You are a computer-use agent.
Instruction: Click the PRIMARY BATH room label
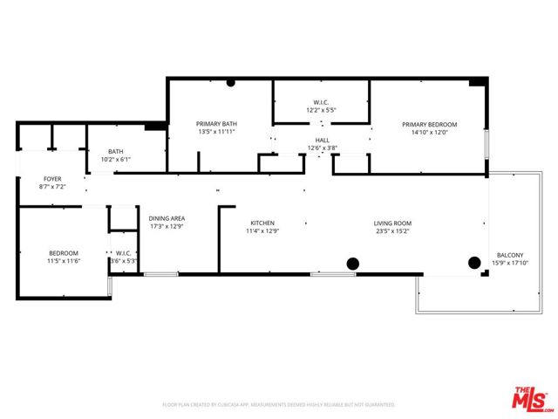point(217,124)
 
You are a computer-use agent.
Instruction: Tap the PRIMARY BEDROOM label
point(429,124)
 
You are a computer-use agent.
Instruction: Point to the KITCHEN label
point(262,223)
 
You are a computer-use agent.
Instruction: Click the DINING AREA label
point(167,218)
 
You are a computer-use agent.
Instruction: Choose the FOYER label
point(52,178)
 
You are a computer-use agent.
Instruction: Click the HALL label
point(322,140)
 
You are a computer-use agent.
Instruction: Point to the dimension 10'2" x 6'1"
point(115,159)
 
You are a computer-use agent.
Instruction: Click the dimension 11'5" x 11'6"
point(63,261)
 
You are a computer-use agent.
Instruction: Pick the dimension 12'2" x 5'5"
point(322,111)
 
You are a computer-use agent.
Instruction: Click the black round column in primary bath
point(231,83)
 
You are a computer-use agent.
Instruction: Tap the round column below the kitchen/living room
point(353,263)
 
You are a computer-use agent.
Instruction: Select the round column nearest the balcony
point(474,261)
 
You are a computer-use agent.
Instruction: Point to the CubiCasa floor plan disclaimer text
point(279,404)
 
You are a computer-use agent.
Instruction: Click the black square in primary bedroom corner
point(475,82)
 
